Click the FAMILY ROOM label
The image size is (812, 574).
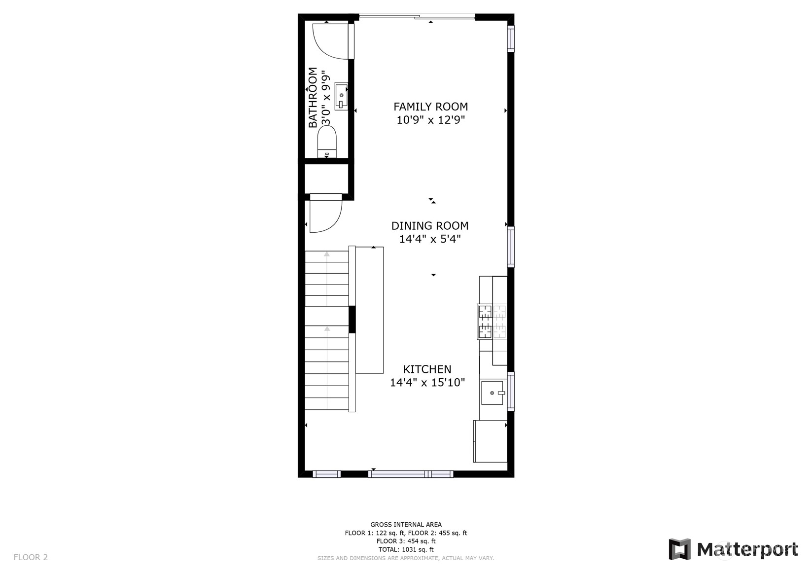(x=430, y=107)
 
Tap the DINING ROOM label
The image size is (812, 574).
(x=430, y=226)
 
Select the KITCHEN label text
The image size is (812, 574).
(x=427, y=369)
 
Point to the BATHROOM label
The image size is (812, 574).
(x=313, y=97)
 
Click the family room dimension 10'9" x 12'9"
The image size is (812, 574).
(x=430, y=120)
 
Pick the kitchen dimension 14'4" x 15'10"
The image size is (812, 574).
(x=427, y=383)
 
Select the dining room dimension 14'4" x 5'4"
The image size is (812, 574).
(x=430, y=239)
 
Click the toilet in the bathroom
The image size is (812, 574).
(x=327, y=142)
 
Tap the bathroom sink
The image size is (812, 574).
(x=341, y=96)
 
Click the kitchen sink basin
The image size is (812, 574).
(x=493, y=393)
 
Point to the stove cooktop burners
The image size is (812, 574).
(x=492, y=322)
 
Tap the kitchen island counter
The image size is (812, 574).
(x=369, y=310)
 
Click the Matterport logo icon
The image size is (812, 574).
(x=680, y=549)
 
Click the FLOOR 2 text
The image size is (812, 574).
(x=31, y=557)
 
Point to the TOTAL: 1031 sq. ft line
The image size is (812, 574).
(x=406, y=549)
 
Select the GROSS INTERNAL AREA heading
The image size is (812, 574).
(x=406, y=524)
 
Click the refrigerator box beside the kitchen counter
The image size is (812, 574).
(x=490, y=441)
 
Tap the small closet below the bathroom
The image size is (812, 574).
(x=326, y=179)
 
